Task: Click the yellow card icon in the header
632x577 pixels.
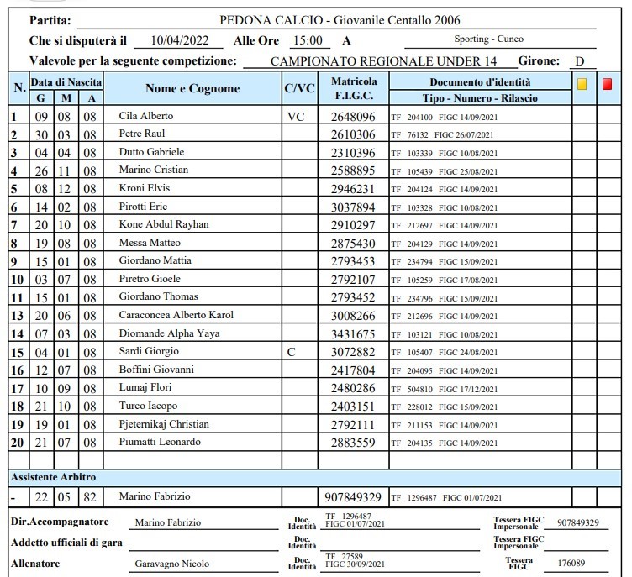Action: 582,83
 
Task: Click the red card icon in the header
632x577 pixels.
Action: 608,83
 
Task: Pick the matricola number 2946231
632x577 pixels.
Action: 354,188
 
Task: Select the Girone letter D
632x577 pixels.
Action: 580,61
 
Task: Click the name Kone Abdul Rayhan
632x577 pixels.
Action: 164,224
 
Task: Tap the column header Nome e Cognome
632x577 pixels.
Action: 192,88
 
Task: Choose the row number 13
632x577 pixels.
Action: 17,316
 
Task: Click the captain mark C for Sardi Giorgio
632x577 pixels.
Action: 291,352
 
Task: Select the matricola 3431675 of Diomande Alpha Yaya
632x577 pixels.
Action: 354,333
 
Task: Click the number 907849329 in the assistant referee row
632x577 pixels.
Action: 353,497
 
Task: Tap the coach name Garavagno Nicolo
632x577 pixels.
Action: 172,564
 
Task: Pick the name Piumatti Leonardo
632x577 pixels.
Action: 161,443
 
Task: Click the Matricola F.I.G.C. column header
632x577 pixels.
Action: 354,88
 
